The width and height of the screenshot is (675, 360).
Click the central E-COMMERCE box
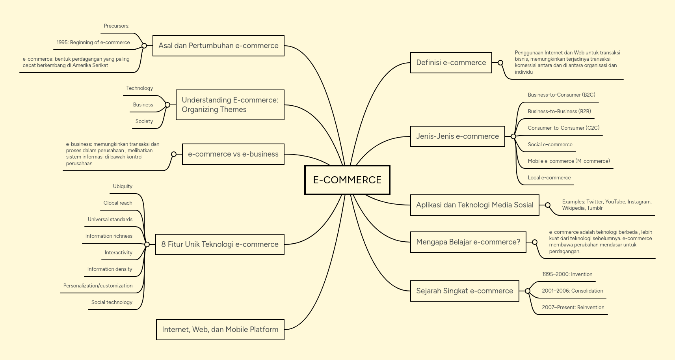point(347,180)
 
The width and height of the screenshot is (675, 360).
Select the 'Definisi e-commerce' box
point(451,63)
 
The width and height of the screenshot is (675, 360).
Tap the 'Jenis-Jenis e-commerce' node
point(457,136)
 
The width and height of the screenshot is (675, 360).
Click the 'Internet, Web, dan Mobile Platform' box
point(220,330)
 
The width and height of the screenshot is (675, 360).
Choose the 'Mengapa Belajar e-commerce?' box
point(468,242)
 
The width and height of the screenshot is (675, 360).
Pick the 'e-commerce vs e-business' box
point(233,154)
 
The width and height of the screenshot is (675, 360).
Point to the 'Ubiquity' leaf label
point(123,187)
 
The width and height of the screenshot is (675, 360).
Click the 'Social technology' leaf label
point(112,302)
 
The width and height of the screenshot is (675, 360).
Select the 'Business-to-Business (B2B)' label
point(559,111)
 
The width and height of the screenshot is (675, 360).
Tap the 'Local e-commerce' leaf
point(549,177)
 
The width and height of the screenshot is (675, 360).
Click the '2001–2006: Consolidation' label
point(572,291)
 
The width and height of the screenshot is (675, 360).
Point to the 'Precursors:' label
point(117,26)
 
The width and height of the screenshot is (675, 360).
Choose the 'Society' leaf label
point(144,121)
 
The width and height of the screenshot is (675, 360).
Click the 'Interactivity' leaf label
point(119,253)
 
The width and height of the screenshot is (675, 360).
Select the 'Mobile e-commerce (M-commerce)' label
point(569,161)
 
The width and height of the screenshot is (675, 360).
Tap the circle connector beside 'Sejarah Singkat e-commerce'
point(528,291)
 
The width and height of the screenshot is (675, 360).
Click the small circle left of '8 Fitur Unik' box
point(147,244)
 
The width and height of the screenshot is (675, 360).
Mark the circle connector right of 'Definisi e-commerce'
point(500,63)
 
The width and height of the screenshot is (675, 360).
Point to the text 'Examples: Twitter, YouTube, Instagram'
point(606,202)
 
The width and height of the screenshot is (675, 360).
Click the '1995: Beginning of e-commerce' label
point(93,43)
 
